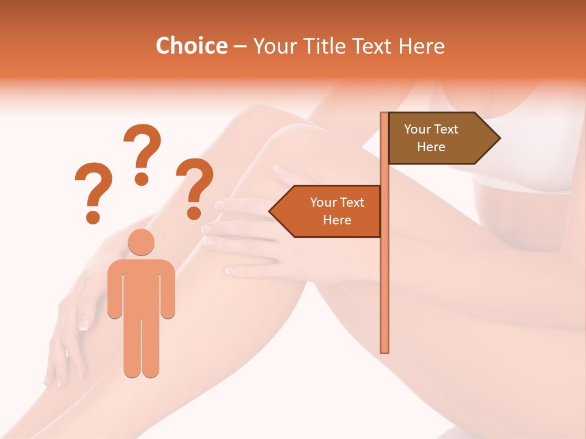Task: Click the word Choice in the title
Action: [x=191, y=46]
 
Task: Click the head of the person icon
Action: [x=141, y=242]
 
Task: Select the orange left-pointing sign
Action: [x=330, y=211]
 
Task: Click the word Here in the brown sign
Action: [x=431, y=147]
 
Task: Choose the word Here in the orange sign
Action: [x=337, y=220]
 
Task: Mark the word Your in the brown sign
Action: [x=418, y=129]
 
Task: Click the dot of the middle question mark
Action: [x=142, y=179]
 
